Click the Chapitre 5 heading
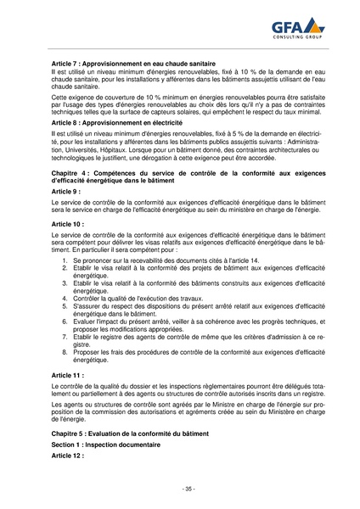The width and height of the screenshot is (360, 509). pos(135,433)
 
